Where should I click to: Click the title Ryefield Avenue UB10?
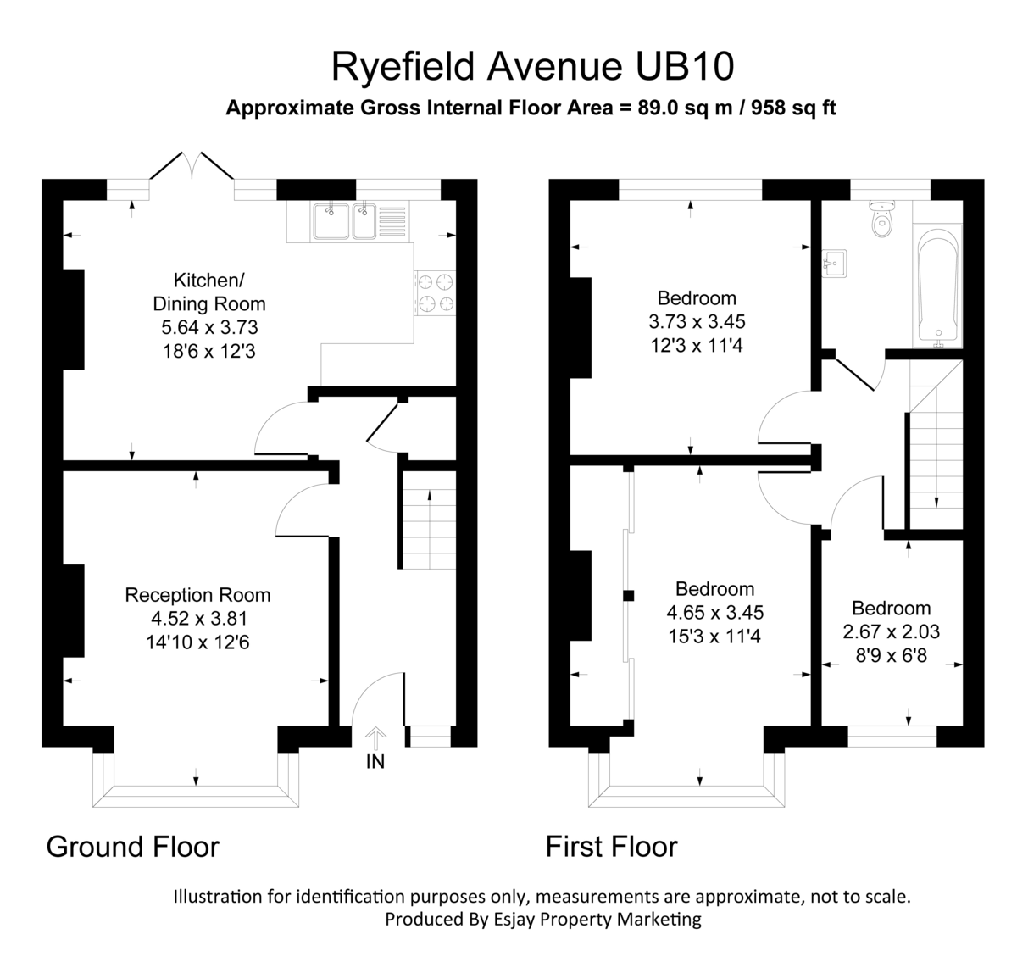pos(531,67)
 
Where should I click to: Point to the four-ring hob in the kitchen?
pos(435,292)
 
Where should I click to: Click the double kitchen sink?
pos(345,221)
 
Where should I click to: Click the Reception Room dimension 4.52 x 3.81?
pos(197,619)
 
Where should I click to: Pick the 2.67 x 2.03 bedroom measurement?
pos(891,631)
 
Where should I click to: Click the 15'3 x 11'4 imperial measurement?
pos(714,635)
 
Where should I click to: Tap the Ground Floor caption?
pos(132,846)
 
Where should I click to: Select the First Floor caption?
pos(611,846)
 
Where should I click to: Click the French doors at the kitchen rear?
pos(192,167)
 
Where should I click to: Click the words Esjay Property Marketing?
pos(591,919)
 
